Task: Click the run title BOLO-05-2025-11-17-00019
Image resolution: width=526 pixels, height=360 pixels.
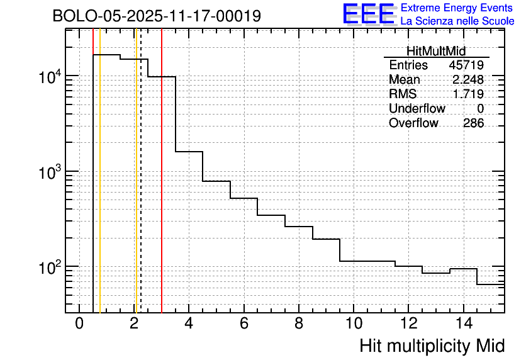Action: click(157, 16)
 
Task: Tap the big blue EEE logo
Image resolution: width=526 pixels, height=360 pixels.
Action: click(369, 14)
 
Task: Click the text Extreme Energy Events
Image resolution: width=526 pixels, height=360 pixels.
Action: click(456, 8)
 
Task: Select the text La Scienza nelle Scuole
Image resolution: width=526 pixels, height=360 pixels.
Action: click(457, 21)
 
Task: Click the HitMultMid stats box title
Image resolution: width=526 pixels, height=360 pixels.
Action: click(436, 52)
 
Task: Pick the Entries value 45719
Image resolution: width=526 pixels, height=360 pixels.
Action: click(466, 65)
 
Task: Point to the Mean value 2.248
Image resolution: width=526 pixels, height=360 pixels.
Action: click(467, 80)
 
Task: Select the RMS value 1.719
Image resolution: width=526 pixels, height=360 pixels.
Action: click(467, 94)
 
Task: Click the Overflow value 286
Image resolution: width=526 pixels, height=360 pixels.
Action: click(473, 123)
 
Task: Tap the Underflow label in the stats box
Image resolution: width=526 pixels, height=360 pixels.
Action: click(417, 109)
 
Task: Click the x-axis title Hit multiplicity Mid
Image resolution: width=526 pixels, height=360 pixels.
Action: click(432, 346)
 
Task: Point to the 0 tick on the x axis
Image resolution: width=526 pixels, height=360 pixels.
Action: click(79, 323)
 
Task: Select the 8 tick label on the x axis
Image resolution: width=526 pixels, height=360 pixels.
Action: click(299, 323)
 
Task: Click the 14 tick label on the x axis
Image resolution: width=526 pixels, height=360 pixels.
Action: click(463, 323)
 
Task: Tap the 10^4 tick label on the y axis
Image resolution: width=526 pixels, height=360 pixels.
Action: click(49, 77)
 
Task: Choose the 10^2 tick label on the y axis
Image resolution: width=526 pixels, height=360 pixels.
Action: click(49, 267)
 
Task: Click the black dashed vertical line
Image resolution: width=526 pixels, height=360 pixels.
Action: click(141, 189)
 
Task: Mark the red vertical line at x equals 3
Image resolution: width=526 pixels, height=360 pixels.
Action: click(162, 189)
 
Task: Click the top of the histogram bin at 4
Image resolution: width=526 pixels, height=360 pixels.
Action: click(189, 152)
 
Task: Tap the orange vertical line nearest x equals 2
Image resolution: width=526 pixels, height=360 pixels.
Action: click(135, 189)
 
